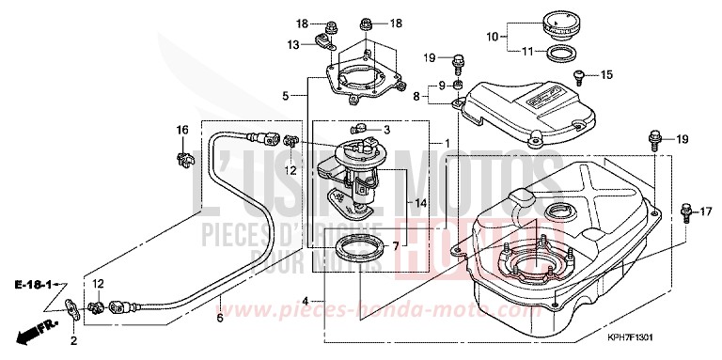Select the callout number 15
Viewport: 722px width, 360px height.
coord(605,74)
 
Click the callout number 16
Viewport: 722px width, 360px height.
coord(183,129)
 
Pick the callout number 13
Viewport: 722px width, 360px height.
coord(293,43)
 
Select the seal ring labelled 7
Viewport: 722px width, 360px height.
coord(357,250)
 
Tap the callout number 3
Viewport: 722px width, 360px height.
coord(384,129)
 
